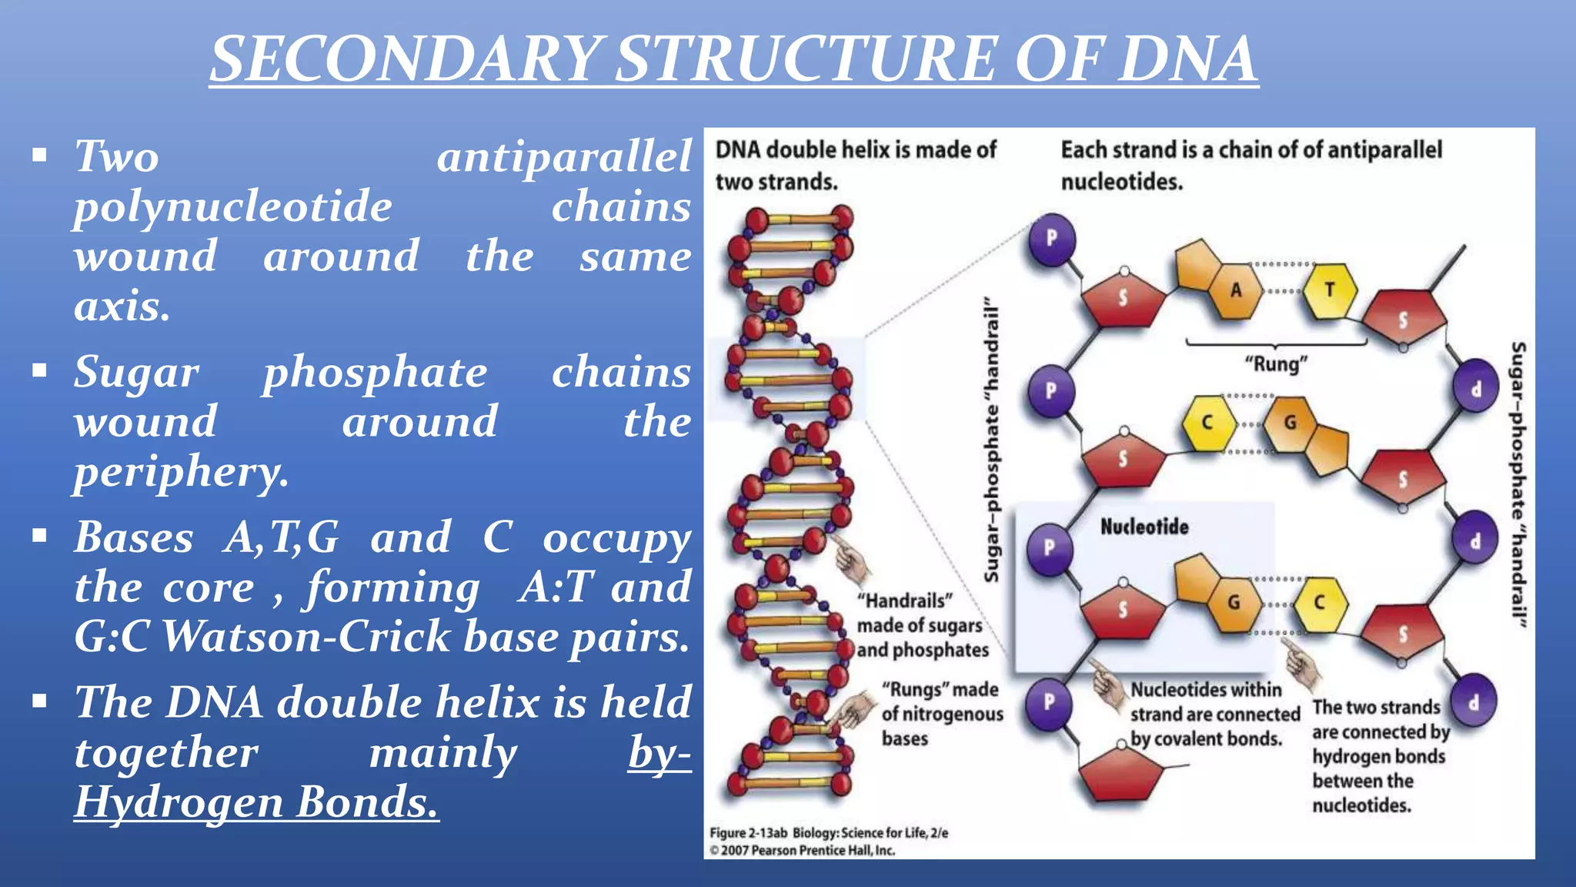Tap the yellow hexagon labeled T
click(1330, 290)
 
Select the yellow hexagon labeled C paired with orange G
click(1208, 422)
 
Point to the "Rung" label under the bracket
click(1277, 363)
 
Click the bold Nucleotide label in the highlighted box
click(1144, 527)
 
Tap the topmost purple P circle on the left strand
click(1051, 239)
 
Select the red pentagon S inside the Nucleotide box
click(1123, 610)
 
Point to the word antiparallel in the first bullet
click(564, 156)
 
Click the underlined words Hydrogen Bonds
click(256, 802)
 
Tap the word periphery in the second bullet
click(181, 471)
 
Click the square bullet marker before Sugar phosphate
click(40, 371)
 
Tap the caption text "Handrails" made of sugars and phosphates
click(921, 625)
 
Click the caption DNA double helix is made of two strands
click(855, 166)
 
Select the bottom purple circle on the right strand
click(1474, 701)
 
